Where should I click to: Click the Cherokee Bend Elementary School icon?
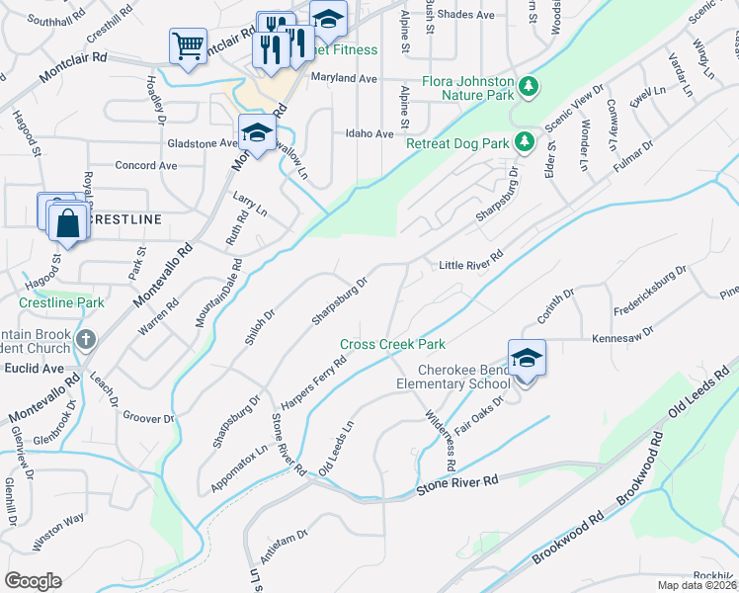(x=527, y=359)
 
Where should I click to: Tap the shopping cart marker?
(x=188, y=45)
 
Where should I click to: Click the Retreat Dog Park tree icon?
(x=526, y=143)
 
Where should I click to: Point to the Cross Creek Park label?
(x=392, y=344)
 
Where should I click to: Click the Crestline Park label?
(x=61, y=301)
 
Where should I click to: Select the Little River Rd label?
(x=471, y=265)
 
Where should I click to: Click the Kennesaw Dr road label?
(x=624, y=338)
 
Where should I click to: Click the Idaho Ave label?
(x=369, y=133)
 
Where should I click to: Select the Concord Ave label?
(x=146, y=165)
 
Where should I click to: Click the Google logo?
(x=33, y=581)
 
